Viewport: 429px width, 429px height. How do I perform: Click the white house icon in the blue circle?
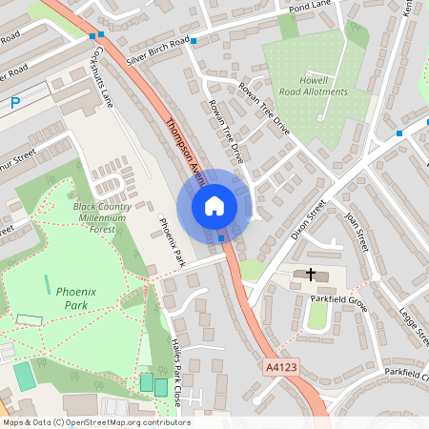(x=214, y=206)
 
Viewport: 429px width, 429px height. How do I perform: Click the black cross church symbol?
(x=311, y=275)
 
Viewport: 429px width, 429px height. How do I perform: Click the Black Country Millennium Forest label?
(x=98, y=218)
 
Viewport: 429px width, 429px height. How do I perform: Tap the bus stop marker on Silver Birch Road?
(x=194, y=41)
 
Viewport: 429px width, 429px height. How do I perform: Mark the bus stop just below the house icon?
(x=221, y=238)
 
